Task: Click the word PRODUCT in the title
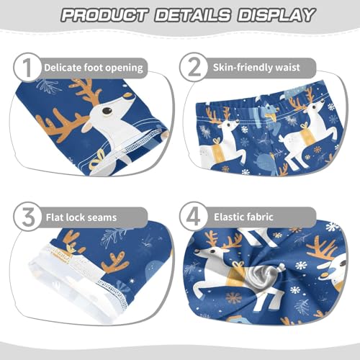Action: pyautogui.click(x=103, y=14)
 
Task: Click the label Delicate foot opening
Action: pyautogui.click(x=94, y=68)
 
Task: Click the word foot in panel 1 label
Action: pyautogui.click(x=96, y=68)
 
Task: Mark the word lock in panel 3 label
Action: pyautogui.click(x=78, y=215)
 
